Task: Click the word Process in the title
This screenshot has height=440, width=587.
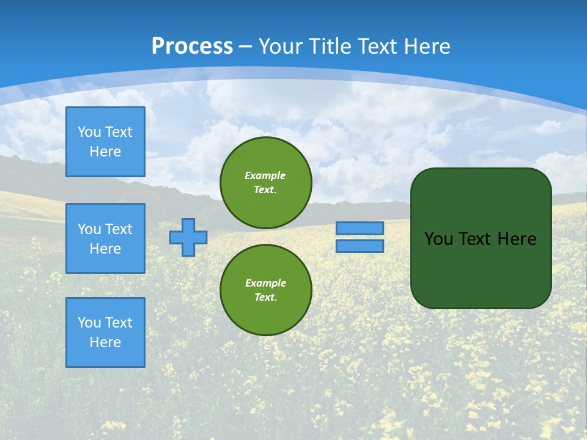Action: (x=192, y=46)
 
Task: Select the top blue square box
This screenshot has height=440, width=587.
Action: (x=105, y=142)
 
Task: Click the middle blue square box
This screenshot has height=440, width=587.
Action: (x=105, y=238)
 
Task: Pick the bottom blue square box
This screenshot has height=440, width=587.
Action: (x=105, y=332)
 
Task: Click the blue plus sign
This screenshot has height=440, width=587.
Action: (x=188, y=237)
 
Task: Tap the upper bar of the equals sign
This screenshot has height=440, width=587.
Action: (x=360, y=228)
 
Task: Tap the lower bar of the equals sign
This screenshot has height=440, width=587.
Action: (x=360, y=246)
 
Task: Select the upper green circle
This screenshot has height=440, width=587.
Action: (x=266, y=182)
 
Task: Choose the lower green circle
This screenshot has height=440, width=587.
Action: (x=266, y=290)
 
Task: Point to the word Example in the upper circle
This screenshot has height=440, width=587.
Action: (x=265, y=175)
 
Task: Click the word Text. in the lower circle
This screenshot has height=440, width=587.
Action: (x=265, y=297)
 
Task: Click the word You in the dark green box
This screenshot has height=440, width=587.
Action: (x=438, y=239)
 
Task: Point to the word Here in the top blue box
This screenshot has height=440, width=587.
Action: (x=105, y=152)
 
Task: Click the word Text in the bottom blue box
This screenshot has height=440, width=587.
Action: (x=119, y=323)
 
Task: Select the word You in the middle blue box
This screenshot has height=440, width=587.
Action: (x=89, y=229)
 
